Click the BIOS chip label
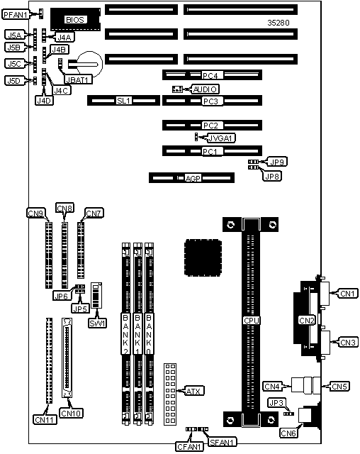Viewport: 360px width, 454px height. [x=75, y=20]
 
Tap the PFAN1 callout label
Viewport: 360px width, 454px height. [x=16, y=14]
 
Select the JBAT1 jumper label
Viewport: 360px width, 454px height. [x=79, y=79]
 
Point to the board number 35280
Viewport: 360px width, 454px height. [x=279, y=23]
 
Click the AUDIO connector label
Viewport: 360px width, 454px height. [x=205, y=89]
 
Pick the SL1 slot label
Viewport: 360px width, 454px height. [x=124, y=101]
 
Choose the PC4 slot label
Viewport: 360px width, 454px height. [x=210, y=76]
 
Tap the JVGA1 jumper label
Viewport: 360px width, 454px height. [x=221, y=138]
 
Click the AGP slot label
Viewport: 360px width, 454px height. [x=193, y=178]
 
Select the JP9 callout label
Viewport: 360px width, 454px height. [x=277, y=162]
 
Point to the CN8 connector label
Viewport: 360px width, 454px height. [x=64, y=208]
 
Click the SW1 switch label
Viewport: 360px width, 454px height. [x=98, y=323]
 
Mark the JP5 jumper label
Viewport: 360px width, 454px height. [x=80, y=309]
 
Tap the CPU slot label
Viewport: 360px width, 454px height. [x=252, y=321]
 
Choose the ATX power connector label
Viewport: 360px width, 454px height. [x=193, y=391]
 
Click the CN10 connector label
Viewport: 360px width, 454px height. [x=71, y=413]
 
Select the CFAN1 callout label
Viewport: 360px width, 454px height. [x=189, y=446]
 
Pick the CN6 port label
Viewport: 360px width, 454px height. [x=288, y=433]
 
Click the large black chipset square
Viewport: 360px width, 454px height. [x=203, y=258]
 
